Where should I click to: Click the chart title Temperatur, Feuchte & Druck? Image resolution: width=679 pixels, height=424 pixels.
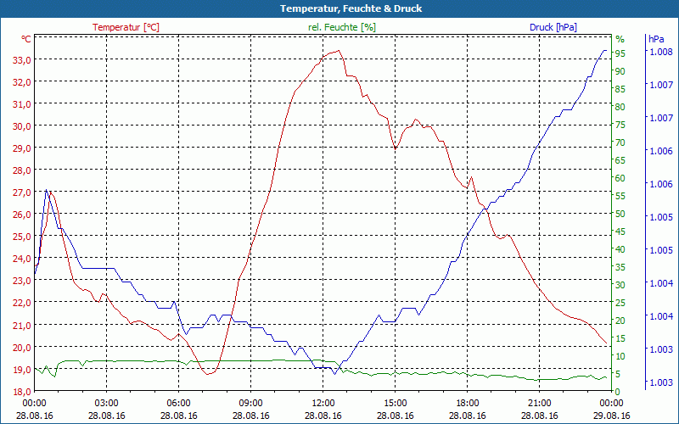tap(339, 8)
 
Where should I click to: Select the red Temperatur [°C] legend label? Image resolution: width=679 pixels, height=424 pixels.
tap(126, 27)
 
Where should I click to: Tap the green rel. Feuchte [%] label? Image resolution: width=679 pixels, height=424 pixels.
tap(341, 27)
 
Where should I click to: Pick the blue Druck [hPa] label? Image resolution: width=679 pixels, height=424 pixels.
tap(553, 27)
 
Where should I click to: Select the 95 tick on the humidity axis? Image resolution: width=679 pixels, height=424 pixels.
tap(620, 53)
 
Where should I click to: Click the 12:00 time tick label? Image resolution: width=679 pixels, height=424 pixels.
tap(323, 404)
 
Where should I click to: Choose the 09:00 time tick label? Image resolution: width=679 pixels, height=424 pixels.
tap(251, 404)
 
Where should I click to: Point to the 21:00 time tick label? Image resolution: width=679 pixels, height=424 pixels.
tap(540, 404)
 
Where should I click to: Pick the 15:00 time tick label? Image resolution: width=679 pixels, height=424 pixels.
tap(396, 404)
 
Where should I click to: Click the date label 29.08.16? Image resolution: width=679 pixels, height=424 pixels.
tap(612, 416)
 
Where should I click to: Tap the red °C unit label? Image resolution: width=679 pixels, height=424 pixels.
tap(26, 39)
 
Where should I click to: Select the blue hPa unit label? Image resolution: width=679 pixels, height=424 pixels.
tap(656, 39)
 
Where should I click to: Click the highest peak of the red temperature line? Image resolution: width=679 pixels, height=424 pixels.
tap(339, 50)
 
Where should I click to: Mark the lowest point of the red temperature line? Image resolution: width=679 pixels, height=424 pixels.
tap(207, 373)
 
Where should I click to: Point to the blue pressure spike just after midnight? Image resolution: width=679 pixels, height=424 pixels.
tap(46, 190)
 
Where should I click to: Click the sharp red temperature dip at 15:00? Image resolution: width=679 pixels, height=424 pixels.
tap(395, 149)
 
